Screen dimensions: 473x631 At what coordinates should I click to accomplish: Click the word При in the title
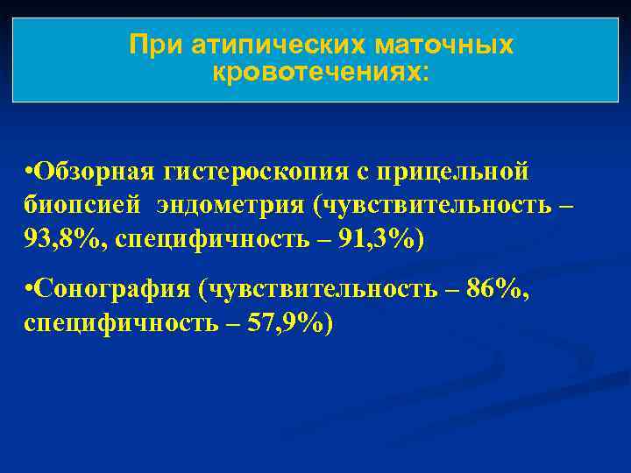[x=147, y=44]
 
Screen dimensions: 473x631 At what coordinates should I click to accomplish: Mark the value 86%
[x=492, y=289]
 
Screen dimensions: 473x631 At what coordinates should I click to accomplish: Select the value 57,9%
[x=290, y=324]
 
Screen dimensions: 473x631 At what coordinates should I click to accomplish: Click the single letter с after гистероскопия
[x=371, y=171]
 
